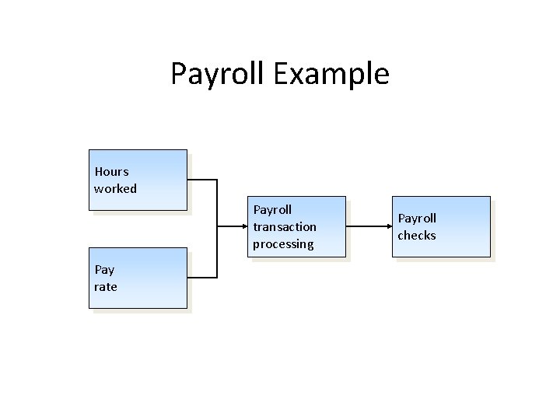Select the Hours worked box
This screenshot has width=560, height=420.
(x=138, y=180)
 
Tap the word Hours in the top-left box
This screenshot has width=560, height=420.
(x=111, y=171)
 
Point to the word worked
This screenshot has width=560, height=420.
(x=115, y=188)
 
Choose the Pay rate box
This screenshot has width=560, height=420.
(x=138, y=278)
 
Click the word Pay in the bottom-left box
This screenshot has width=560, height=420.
(x=104, y=270)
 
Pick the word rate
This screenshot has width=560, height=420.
(x=106, y=287)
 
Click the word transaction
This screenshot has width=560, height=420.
(x=285, y=226)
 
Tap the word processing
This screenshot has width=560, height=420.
(x=283, y=243)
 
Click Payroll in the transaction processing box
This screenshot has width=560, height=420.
(x=272, y=209)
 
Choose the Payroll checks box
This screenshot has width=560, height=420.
(x=443, y=226)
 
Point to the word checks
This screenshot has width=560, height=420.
(x=417, y=235)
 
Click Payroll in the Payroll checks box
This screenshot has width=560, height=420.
(x=417, y=218)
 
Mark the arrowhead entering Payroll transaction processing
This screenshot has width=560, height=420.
(x=243, y=227)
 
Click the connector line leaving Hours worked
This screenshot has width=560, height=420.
(x=202, y=180)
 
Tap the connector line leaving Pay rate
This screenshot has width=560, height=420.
(x=202, y=278)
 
